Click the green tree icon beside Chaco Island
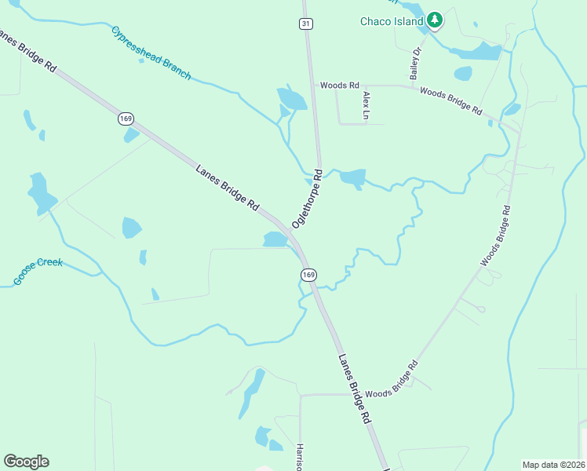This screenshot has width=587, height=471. click(434, 20)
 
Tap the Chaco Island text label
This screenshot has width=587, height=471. click(392, 21)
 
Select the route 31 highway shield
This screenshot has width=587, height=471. click(305, 24)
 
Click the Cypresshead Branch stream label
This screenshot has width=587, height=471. click(151, 53)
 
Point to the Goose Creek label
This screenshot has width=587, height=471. click(37, 272)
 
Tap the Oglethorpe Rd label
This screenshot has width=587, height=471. click(307, 198)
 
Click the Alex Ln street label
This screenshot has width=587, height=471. click(366, 105)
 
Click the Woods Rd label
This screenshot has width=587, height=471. click(339, 85)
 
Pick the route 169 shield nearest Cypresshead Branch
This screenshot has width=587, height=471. click(126, 119)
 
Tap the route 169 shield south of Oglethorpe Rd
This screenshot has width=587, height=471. click(308, 274)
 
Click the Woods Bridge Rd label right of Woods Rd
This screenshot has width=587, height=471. click(450, 101)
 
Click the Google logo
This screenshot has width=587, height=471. click(26, 462)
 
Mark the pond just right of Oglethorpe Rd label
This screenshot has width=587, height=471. click(352, 178)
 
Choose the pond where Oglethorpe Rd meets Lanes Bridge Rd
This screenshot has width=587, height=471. click(275, 239)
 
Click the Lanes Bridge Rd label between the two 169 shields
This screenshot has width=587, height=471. click(227, 186)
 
